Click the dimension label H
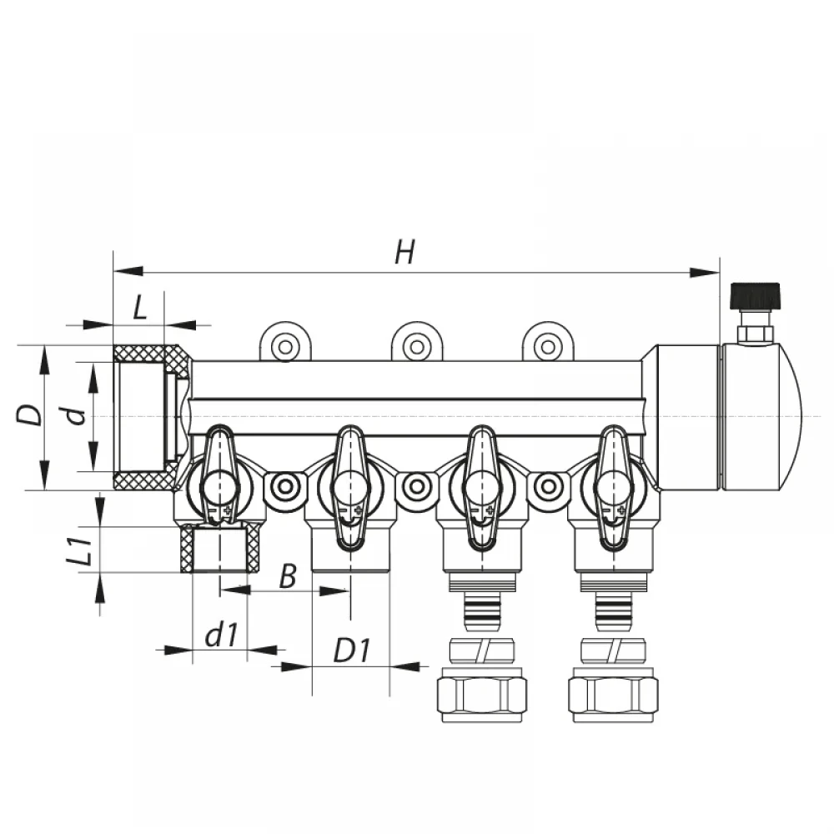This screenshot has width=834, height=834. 405,252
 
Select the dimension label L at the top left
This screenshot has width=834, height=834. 140,307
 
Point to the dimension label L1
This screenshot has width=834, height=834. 80,550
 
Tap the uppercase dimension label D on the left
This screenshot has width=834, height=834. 28,414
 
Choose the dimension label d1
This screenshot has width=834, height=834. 221,634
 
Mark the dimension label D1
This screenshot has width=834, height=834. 351,650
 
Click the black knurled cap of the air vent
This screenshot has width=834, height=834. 755,296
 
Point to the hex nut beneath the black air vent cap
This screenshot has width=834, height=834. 755,334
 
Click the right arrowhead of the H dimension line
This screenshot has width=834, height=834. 704,273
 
